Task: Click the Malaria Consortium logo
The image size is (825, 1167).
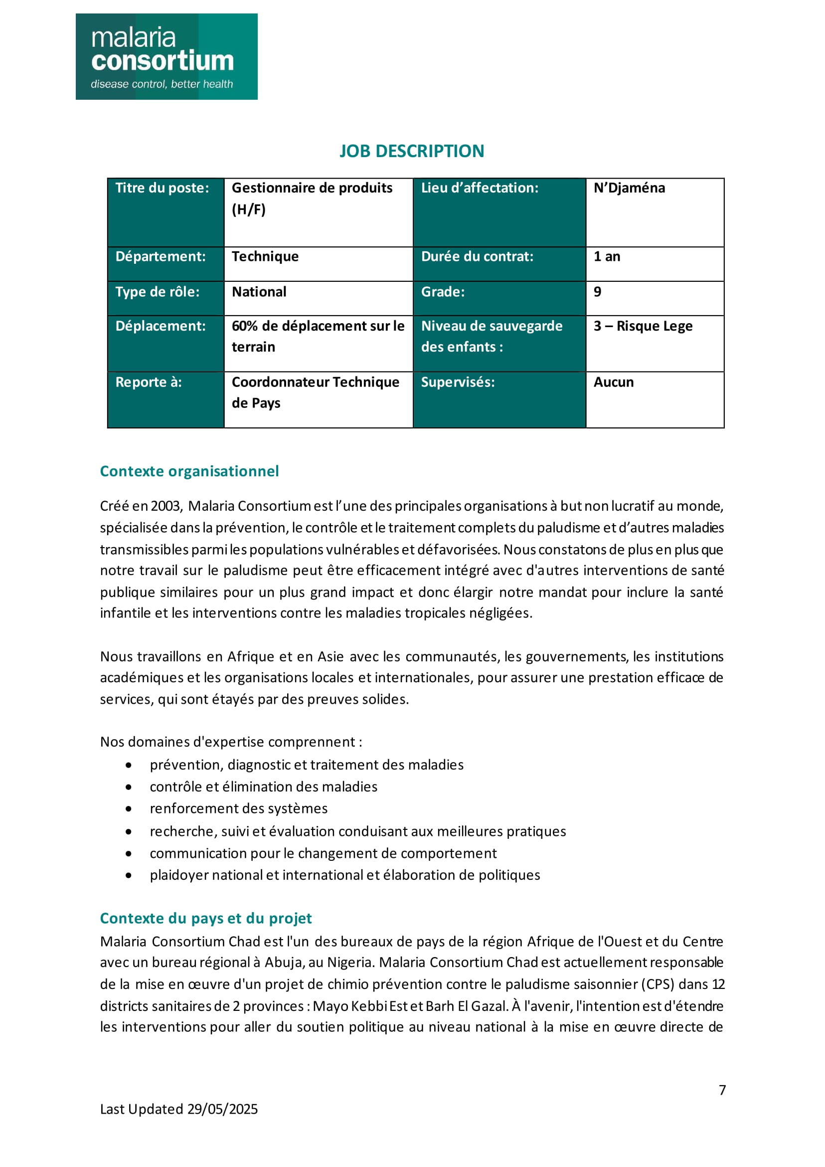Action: tap(166, 56)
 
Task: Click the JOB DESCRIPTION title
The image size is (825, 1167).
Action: tap(411, 151)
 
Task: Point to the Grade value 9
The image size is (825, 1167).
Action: tap(597, 292)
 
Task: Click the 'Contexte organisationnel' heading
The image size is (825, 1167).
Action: tap(189, 471)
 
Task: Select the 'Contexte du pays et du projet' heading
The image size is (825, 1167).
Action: tap(205, 918)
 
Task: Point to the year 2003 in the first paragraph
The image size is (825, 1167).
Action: tap(165, 506)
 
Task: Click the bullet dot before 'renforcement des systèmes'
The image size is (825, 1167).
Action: tap(129, 808)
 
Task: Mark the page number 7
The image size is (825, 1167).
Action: tap(722, 1090)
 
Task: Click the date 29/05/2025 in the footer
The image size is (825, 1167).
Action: tap(222, 1109)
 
